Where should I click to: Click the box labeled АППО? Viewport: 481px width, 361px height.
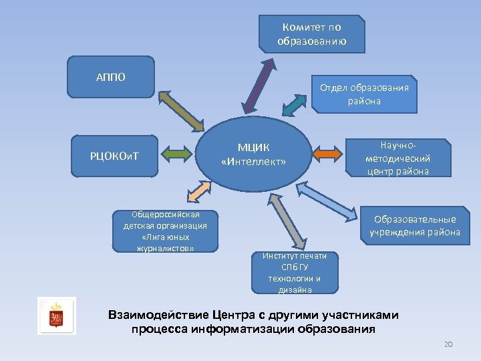[111, 76]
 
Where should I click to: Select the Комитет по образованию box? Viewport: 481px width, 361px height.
[312, 33]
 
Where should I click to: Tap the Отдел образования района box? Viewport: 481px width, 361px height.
[364, 94]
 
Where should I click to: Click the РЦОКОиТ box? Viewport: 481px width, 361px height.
[114, 156]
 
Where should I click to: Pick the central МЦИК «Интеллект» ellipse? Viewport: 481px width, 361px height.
[253, 154]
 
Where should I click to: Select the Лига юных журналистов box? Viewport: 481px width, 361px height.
[165, 231]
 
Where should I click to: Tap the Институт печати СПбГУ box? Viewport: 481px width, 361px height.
[295, 273]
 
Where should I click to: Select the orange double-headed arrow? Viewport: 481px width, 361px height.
[328, 153]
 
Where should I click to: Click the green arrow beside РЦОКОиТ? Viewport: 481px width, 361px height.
[178, 155]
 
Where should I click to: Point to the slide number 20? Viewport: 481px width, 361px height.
[448, 344]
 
